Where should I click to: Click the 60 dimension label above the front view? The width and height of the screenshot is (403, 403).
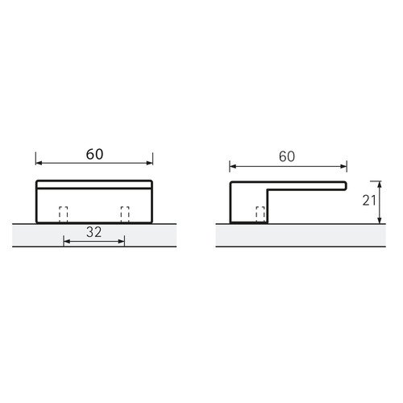tap(94, 154)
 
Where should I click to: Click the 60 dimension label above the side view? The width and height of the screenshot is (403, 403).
tap(287, 156)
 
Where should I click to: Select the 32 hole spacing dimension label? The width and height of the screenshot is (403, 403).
tap(94, 232)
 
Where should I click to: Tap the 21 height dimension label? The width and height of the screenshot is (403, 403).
tap(369, 201)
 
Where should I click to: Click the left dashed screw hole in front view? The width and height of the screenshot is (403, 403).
tap(63, 214)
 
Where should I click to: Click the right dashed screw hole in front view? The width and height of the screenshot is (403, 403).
tap(125, 214)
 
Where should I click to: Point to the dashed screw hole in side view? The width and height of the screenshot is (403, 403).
tap(260, 214)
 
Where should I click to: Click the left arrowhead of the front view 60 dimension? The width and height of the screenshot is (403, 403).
tap(39, 163)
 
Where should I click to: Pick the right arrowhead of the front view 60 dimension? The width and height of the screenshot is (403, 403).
tap(149, 163)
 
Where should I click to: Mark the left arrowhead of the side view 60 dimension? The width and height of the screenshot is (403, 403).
tap(233, 167)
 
